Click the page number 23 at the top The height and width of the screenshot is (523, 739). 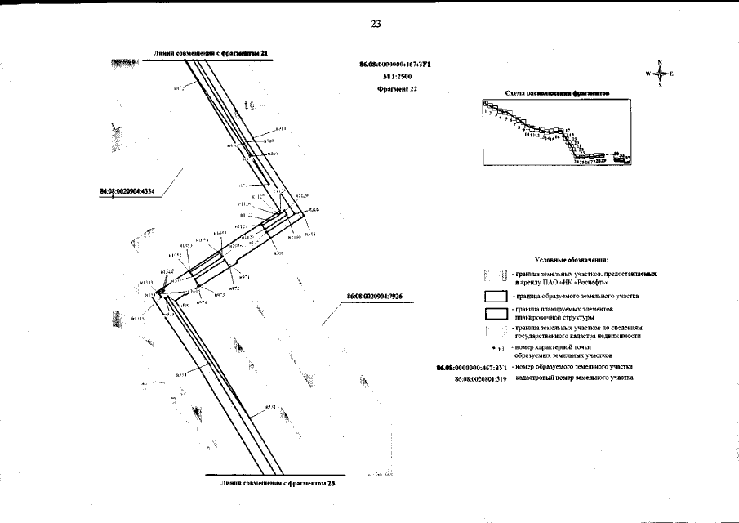[x=376, y=24]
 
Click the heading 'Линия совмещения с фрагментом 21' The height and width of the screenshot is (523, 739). [x=211, y=53]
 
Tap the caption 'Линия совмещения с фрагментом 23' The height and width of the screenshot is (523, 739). [x=278, y=483]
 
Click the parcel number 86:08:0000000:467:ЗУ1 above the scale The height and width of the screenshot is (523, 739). [x=388, y=63]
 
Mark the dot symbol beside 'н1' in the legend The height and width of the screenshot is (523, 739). [x=496, y=347]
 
